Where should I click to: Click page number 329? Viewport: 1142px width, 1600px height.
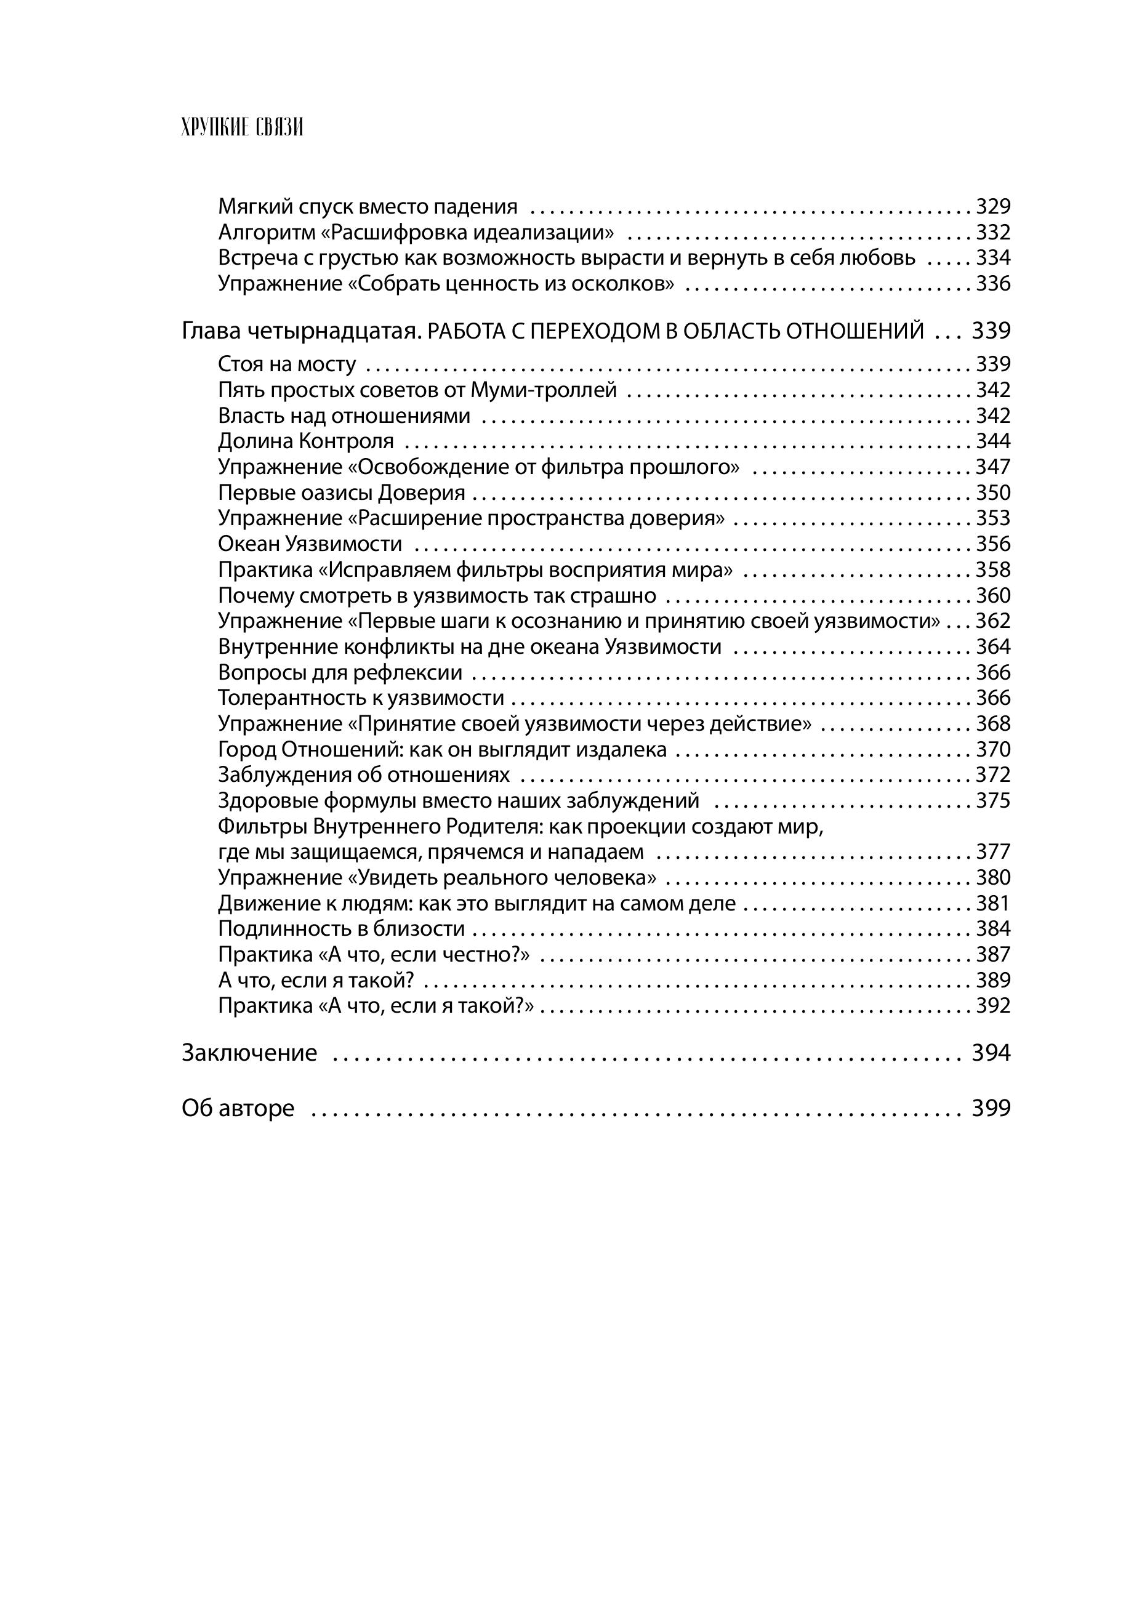pos(992,207)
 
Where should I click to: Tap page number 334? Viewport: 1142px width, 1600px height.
pos(992,258)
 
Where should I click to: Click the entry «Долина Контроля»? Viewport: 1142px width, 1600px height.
pos(306,441)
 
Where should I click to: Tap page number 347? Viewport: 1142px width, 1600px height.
pos(992,467)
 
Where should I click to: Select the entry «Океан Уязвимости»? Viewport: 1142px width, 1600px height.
pos(310,544)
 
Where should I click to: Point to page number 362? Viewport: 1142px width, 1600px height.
pos(992,621)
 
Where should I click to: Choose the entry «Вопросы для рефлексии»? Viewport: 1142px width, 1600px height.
pos(340,673)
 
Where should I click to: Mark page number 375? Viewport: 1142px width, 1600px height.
pos(992,801)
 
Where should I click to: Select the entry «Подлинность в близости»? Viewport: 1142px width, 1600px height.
pos(342,928)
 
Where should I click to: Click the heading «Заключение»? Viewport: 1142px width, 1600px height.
pos(249,1052)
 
